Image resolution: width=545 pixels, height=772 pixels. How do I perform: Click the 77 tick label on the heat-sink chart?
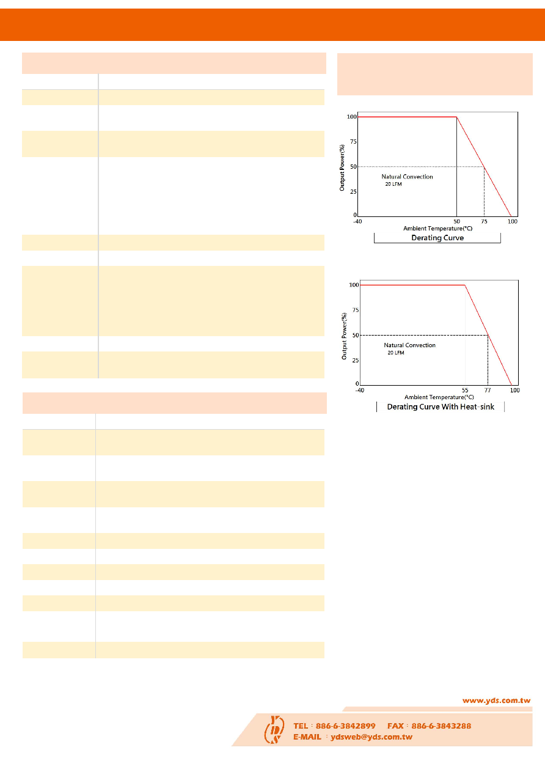[x=488, y=390]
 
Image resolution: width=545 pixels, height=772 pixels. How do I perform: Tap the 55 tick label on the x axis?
[x=465, y=390]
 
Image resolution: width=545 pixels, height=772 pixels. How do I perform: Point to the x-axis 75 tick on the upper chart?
[x=484, y=221]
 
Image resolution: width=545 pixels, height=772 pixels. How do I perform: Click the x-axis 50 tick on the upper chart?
[x=457, y=221]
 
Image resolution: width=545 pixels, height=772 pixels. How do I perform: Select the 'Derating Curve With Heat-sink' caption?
[x=441, y=406]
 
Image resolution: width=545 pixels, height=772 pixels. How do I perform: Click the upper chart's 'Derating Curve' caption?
[x=437, y=238]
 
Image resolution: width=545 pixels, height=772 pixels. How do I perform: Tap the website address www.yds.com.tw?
[x=496, y=700]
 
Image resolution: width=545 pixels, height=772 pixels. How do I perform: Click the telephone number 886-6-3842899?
[x=345, y=726]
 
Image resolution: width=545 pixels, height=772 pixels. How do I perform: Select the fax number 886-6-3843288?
[x=441, y=726]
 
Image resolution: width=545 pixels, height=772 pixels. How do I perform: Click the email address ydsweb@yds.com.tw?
[x=371, y=737]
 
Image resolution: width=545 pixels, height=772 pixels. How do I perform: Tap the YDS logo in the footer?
[x=274, y=729]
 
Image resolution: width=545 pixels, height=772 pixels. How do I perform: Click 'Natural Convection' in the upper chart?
[x=407, y=177]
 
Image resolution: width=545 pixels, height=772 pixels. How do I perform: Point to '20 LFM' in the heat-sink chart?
[x=396, y=353]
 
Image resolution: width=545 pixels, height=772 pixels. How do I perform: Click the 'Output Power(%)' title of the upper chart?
[x=342, y=167]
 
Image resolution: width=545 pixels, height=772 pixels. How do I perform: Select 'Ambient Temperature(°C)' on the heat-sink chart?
[x=439, y=397]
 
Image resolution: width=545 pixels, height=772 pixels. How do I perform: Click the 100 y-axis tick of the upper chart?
[x=352, y=117]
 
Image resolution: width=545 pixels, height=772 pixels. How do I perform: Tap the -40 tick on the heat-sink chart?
[x=360, y=390]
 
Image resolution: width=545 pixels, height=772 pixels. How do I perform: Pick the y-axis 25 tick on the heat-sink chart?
[x=356, y=360]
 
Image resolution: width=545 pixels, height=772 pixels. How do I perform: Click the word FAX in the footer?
[x=395, y=726]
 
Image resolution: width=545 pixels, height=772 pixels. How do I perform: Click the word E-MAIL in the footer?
[x=307, y=737]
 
